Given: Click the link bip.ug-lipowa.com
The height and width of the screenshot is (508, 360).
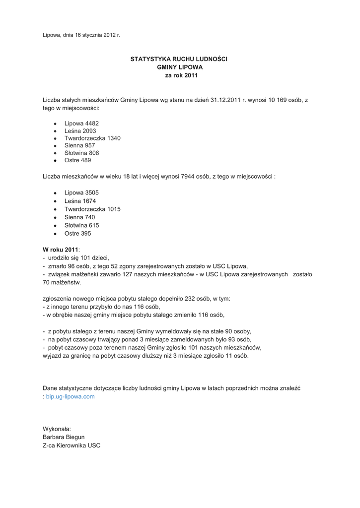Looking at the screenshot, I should click(x=70, y=397).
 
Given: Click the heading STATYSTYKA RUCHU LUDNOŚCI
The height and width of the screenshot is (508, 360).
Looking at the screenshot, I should click(x=179, y=59).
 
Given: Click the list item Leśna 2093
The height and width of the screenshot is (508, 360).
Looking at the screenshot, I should click(x=80, y=130).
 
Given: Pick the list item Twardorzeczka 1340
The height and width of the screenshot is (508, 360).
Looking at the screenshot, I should click(x=92, y=138).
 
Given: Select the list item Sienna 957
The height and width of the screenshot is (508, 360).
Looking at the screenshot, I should click(x=79, y=145).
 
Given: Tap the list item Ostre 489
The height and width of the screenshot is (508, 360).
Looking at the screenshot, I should click(x=78, y=160).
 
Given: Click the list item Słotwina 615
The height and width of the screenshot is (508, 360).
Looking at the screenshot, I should click(x=82, y=225).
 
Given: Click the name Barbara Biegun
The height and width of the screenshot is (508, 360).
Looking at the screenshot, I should click(x=64, y=437).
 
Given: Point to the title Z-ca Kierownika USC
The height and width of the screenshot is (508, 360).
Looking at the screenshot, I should click(x=72, y=445).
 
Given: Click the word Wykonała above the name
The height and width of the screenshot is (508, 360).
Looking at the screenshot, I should click(x=57, y=429).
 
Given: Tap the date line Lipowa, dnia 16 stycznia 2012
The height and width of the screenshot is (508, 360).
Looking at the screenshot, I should click(x=81, y=35).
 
